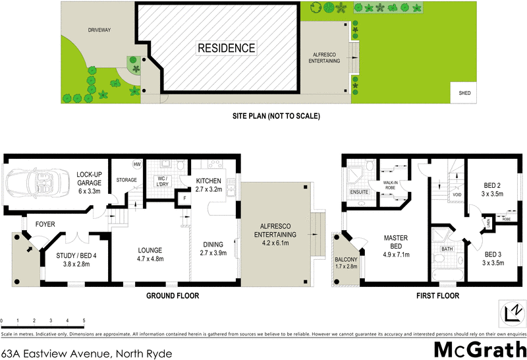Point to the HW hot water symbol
click(x=137, y=164)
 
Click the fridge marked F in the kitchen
click(x=185, y=197)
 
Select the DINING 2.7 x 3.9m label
click(x=212, y=249)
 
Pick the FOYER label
click(x=45, y=224)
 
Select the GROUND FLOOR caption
click(x=172, y=296)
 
